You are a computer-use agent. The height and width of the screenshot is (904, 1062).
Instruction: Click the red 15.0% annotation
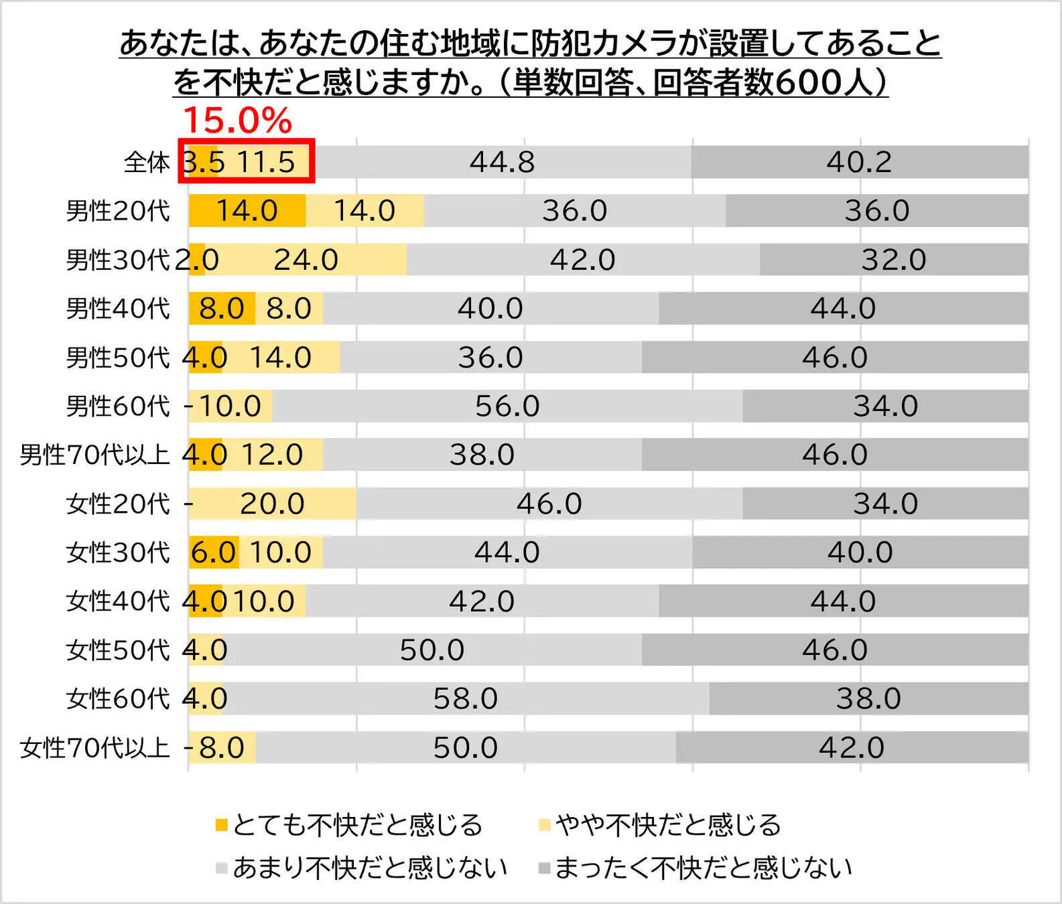[x=237, y=121]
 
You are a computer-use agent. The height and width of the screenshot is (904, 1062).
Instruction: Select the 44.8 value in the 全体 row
[x=502, y=162]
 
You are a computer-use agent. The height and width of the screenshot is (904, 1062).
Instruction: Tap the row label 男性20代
[x=118, y=211]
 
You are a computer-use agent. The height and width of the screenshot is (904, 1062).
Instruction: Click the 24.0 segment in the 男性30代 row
[x=306, y=260]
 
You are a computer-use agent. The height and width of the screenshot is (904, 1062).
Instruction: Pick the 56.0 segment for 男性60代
[x=507, y=406]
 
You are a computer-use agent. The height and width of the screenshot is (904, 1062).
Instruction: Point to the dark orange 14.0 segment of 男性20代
[x=247, y=211]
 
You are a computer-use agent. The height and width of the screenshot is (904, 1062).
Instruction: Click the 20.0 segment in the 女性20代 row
[x=272, y=504]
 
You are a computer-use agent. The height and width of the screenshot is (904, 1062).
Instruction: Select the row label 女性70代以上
[x=94, y=747]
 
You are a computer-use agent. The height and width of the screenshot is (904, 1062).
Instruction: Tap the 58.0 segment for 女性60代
[x=465, y=698]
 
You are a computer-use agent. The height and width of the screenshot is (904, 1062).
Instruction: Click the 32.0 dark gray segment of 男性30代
[x=893, y=260]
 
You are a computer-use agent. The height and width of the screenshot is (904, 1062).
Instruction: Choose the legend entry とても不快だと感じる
[x=349, y=825]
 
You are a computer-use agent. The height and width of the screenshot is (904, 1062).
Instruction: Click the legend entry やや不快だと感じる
[x=660, y=825]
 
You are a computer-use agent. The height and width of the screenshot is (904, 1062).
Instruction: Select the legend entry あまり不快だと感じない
[x=362, y=868]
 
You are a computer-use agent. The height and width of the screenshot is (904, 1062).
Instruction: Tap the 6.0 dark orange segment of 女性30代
[x=213, y=552]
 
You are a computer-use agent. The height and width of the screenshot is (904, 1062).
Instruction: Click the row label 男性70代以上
[x=94, y=455]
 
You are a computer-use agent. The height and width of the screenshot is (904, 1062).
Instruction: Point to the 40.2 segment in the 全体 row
[x=859, y=162]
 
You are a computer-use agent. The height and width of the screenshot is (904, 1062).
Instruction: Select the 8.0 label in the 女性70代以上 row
[x=222, y=747]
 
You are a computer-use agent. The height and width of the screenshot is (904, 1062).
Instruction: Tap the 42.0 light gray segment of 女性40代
[x=481, y=601]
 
